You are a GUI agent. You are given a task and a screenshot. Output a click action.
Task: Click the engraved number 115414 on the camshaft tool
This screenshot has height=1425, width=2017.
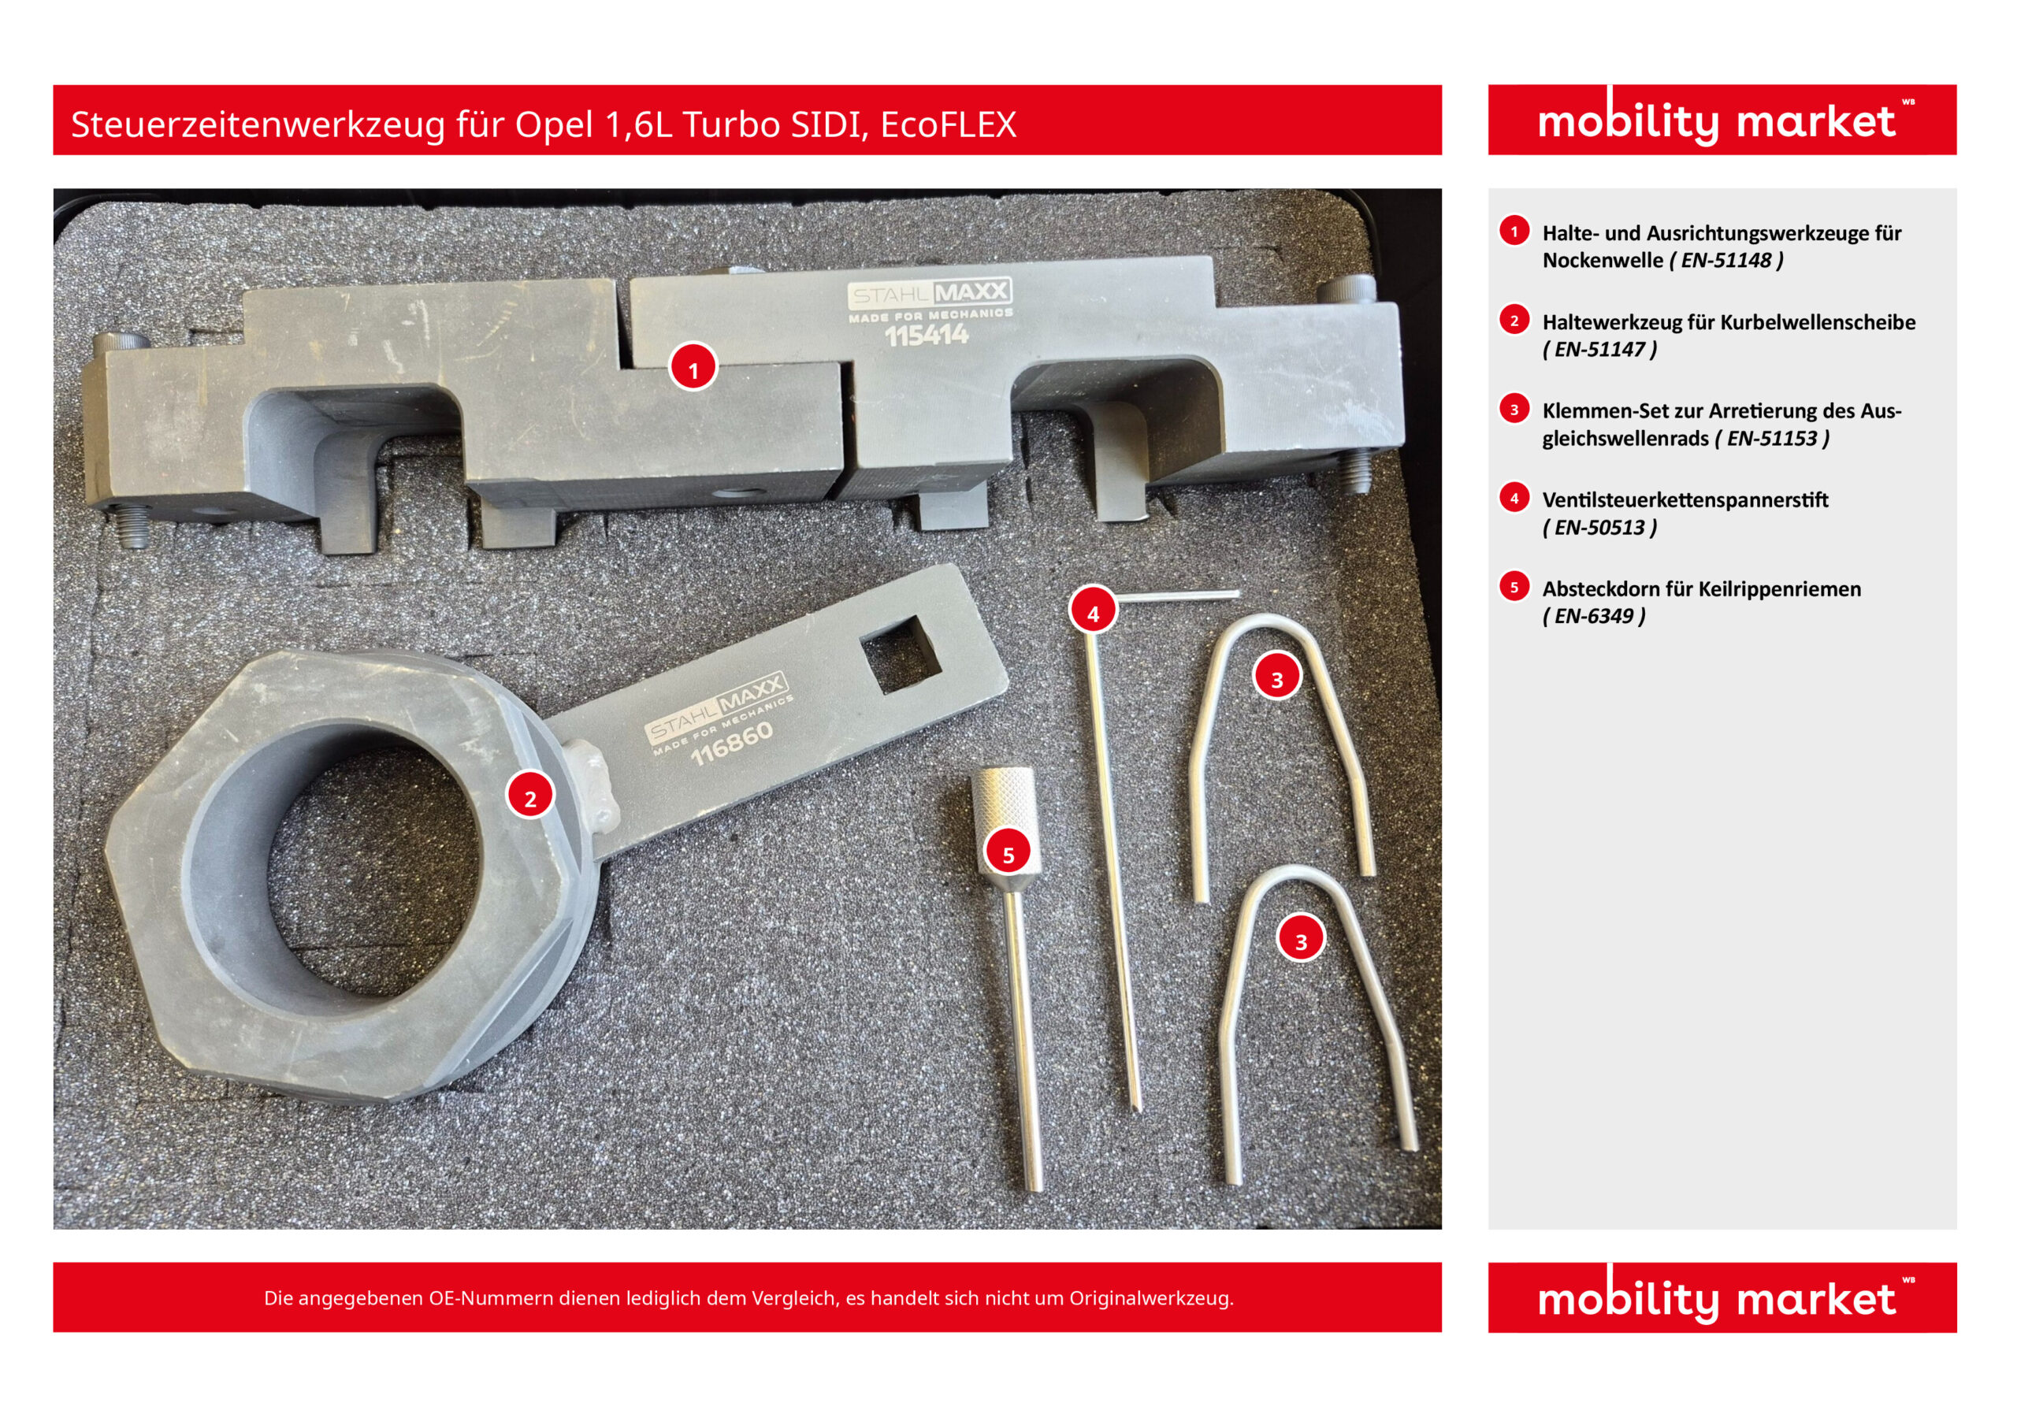pyautogui.click(x=926, y=335)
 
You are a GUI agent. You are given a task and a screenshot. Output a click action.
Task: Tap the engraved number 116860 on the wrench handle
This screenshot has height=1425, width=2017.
pyautogui.click(x=732, y=744)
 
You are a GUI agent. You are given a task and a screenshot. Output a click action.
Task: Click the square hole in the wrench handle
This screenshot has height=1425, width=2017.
pyautogui.click(x=901, y=654)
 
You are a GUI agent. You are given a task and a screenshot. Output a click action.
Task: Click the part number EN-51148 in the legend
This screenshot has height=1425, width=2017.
pyautogui.click(x=1726, y=261)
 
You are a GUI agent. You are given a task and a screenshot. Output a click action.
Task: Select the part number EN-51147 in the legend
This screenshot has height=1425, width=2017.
pyautogui.click(x=1599, y=350)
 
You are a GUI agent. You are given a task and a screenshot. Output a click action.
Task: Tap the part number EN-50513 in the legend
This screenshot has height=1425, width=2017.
pyautogui.click(x=1599, y=527)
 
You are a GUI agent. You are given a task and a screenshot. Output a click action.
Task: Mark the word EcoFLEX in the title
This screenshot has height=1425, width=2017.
pyautogui.click(x=948, y=124)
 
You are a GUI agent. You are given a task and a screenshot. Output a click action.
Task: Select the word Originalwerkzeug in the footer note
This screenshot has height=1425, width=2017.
pyautogui.click(x=1151, y=1297)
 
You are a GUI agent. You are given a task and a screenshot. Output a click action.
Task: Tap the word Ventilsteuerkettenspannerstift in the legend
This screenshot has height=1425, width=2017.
pyautogui.click(x=1685, y=500)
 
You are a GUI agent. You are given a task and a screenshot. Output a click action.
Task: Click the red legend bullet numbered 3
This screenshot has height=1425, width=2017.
pyautogui.click(x=1514, y=410)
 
